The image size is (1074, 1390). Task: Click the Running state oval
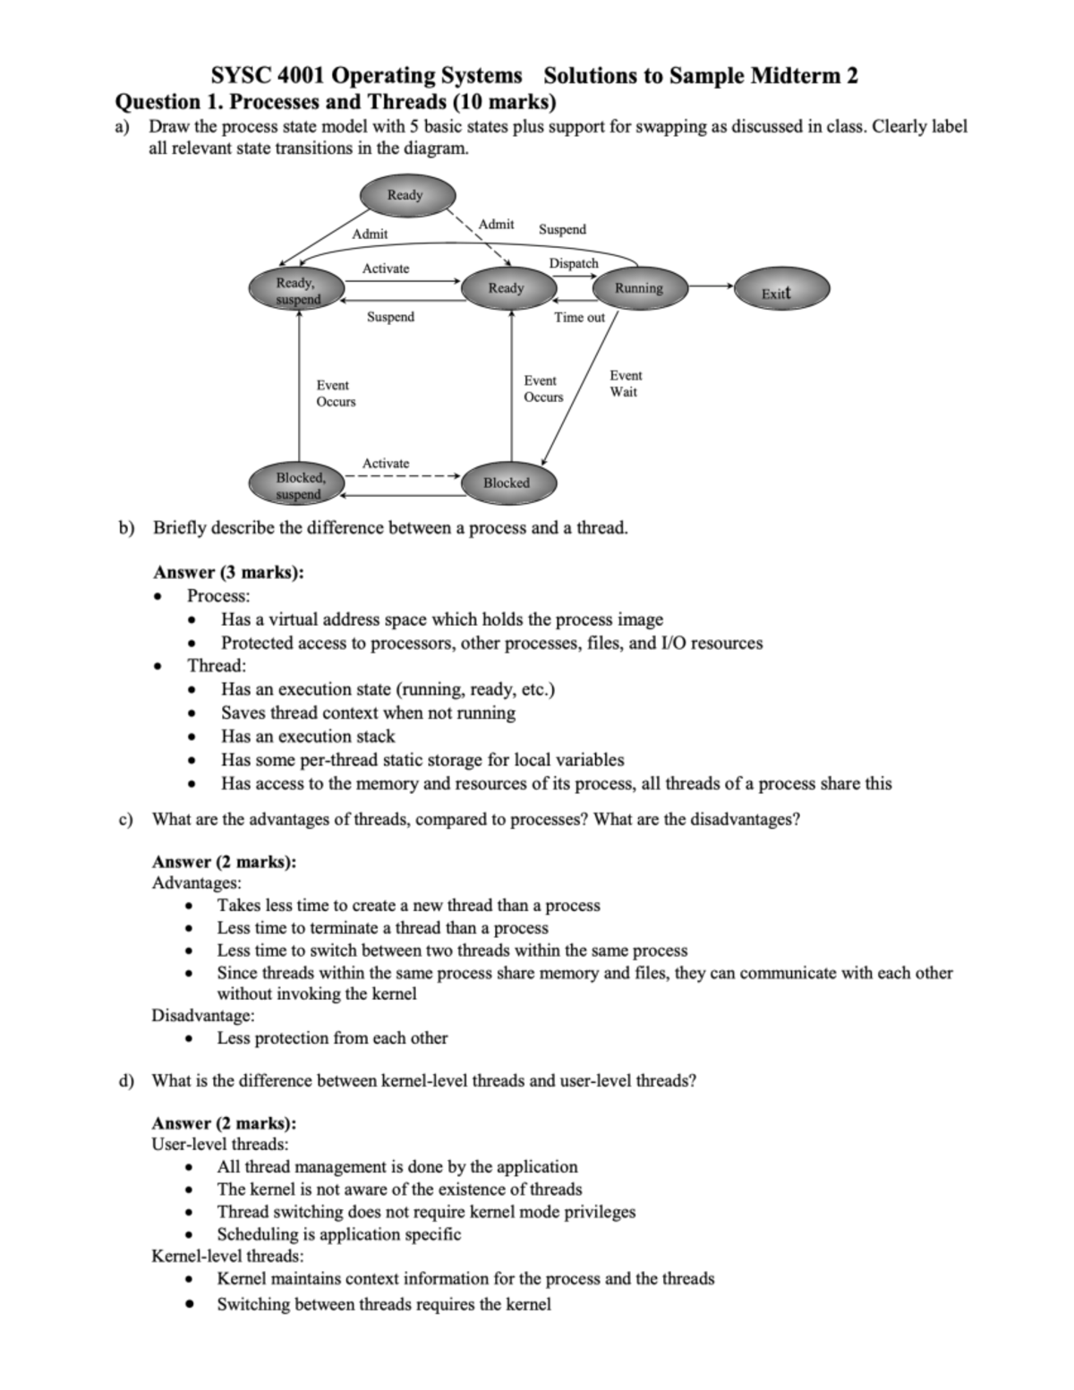point(638,288)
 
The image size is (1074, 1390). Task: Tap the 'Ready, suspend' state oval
point(296,291)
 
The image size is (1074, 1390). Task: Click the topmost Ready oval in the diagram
point(406,195)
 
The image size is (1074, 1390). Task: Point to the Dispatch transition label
point(574,263)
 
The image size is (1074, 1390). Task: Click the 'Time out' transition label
point(579,317)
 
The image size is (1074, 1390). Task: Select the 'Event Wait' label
point(625,384)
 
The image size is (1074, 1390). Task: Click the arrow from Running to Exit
point(712,286)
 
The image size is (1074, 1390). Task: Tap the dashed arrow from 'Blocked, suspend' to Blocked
point(402,476)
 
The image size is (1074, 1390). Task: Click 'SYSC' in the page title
point(239,75)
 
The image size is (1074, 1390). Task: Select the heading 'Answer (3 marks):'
point(228,572)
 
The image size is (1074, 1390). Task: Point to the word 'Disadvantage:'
point(203,1015)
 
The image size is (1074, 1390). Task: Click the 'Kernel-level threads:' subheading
point(227,1256)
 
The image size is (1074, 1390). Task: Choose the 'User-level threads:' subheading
point(220,1144)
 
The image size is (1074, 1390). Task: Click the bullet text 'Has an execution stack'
point(308,736)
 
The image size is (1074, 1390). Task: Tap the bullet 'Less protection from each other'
point(332,1037)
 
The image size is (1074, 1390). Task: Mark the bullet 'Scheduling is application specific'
point(338,1233)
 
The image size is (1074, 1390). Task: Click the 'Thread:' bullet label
point(217,665)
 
